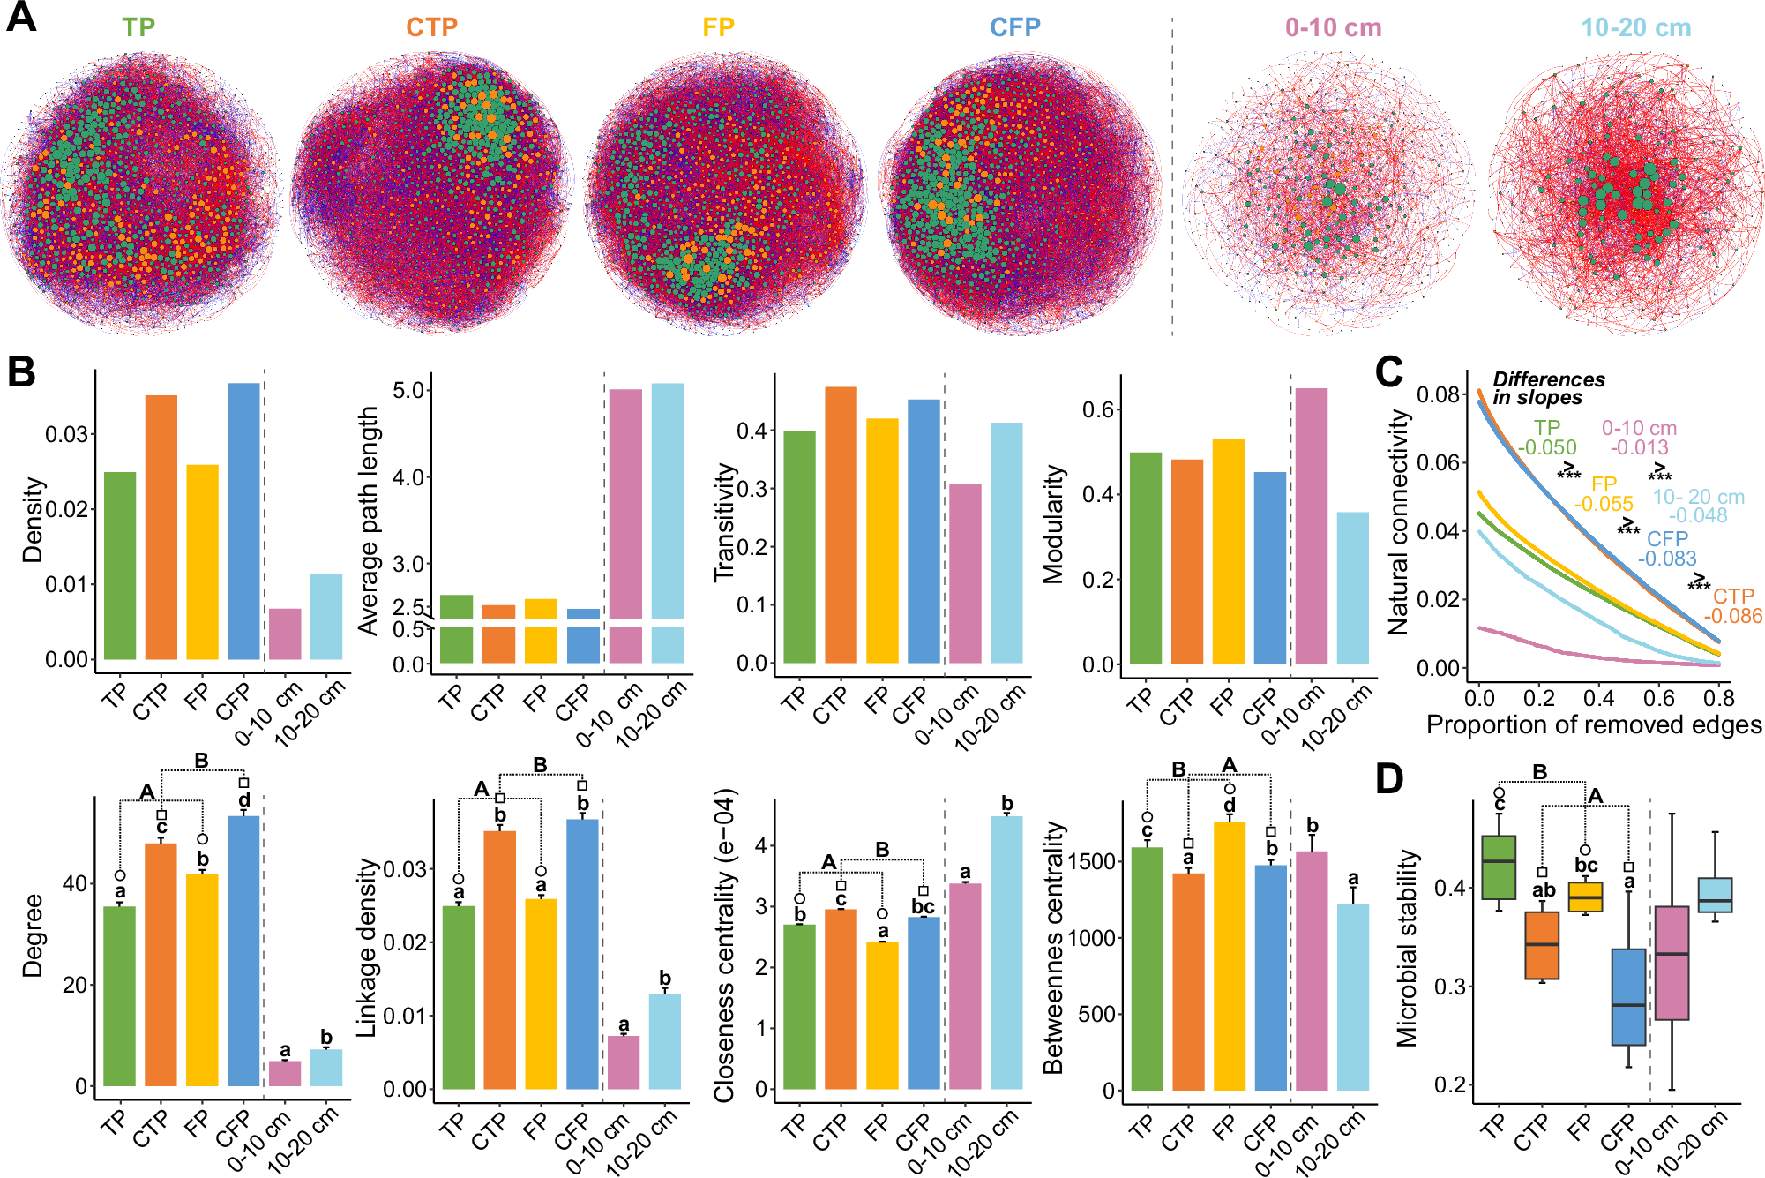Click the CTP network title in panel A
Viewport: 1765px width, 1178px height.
(x=431, y=27)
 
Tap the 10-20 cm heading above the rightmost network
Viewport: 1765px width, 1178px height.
(x=1635, y=28)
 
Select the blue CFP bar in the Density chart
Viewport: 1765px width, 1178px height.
(x=243, y=521)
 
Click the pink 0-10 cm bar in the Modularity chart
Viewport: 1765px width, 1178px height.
(x=1311, y=526)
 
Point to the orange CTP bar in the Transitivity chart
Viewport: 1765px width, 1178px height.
(x=841, y=525)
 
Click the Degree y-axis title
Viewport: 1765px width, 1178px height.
(x=33, y=935)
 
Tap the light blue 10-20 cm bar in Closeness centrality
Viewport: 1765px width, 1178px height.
(x=1006, y=952)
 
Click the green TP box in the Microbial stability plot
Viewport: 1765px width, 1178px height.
(x=1499, y=867)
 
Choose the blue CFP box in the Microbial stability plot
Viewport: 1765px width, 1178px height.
(x=1628, y=996)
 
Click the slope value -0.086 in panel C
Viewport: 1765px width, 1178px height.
(x=1732, y=616)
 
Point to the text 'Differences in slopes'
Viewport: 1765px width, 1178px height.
(x=1547, y=388)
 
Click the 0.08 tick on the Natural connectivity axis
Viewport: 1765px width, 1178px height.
(x=1438, y=394)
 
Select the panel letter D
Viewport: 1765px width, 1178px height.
(x=1389, y=779)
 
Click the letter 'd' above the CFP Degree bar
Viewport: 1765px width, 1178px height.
(x=244, y=800)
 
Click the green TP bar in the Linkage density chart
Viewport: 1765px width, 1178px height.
(x=458, y=997)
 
